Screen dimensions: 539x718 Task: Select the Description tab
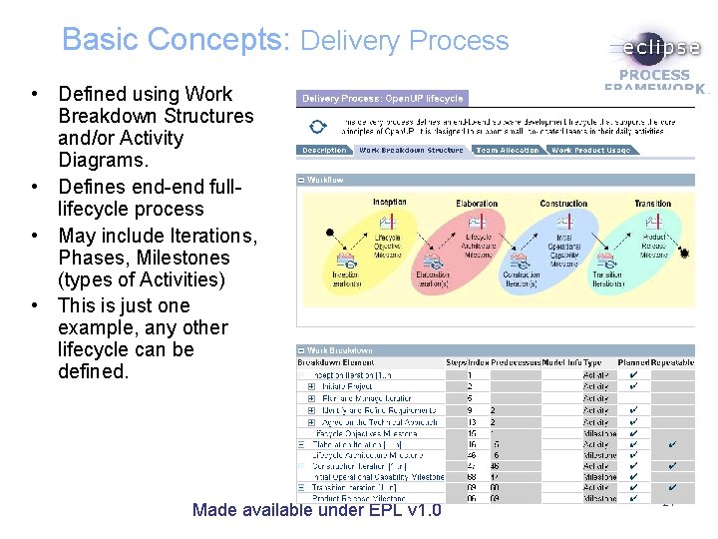coord(324,151)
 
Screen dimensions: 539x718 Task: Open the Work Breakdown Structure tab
coord(411,151)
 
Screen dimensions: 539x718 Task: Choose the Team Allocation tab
coord(507,151)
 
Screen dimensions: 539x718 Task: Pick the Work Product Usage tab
coord(590,151)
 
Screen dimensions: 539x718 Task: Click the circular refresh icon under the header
coord(317,126)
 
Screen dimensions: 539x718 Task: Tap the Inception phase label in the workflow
coord(389,203)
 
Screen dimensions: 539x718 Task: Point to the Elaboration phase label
coord(477,204)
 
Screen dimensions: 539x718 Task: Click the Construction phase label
coord(564,204)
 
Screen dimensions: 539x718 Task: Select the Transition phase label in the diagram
coord(653,204)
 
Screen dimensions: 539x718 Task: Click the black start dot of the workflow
coord(330,233)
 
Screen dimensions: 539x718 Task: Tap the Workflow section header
coord(325,181)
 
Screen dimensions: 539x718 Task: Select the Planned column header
coord(633,362)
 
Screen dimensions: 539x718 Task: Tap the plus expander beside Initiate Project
coord(311,386)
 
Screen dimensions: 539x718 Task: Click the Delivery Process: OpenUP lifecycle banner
coord(382,99)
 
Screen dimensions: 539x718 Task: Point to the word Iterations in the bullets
coord(211,236)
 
